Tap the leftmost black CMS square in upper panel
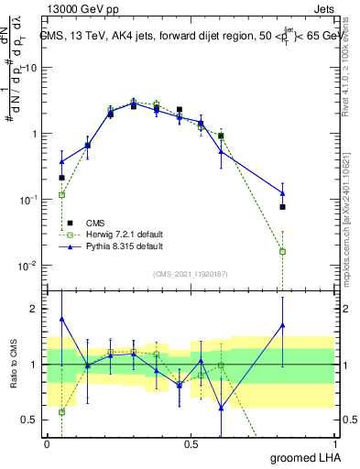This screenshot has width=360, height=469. point(61,178)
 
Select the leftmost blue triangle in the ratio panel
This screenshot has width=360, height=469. point(61,319)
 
